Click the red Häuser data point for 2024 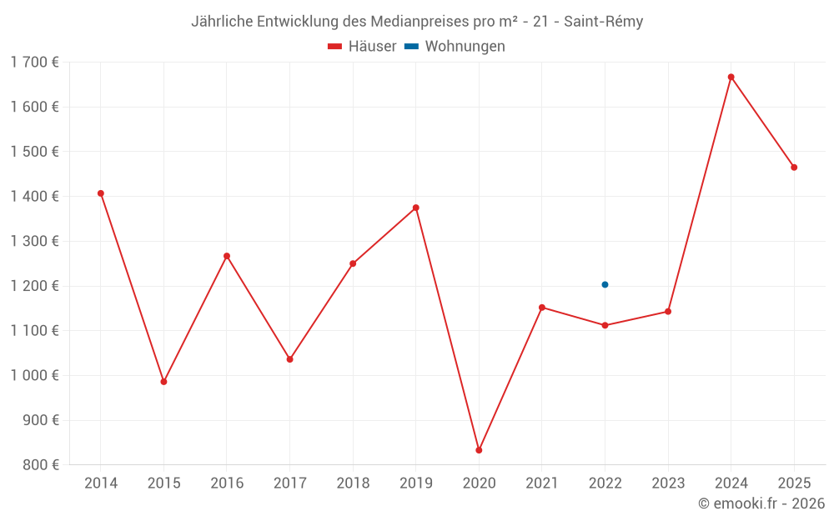(x=731, y=77)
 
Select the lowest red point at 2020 (x=479, y=450)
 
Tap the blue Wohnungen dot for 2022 (x=605, y=284)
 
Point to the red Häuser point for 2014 (x=101, y=193)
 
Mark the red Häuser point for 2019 (x=416, y=208)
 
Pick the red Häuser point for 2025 (x=794, y=168)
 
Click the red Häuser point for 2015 (x=163, y=382)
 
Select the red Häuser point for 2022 (x=605, y=325)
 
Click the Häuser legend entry (x=362, y=47)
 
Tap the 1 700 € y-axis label (x=34, y=62)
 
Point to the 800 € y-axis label (x=39, y=465)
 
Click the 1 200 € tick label (x=34, y=286)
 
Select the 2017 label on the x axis (x=289, y=483)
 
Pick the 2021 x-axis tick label (x=542, y=483)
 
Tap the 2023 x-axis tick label (x=668, y=483)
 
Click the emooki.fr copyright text (x=761, y=503)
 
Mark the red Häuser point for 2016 (x=227, y=256)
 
